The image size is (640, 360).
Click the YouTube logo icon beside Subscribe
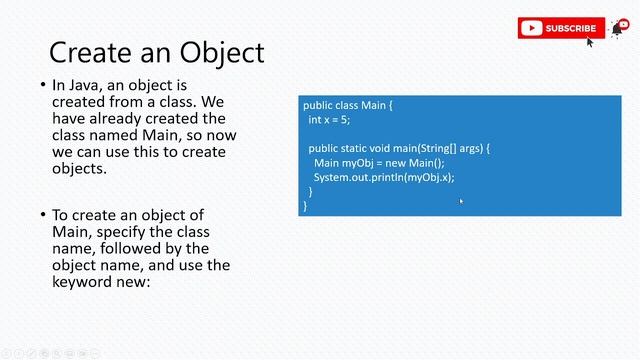[532, 28]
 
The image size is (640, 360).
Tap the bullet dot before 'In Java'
[42, 86]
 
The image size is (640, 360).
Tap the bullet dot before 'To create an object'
[42, 215]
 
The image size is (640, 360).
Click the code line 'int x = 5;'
[329, 120]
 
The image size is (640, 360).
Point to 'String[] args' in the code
[451, 148]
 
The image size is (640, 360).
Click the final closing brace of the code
[305, 205]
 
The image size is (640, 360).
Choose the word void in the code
[386, 148]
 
